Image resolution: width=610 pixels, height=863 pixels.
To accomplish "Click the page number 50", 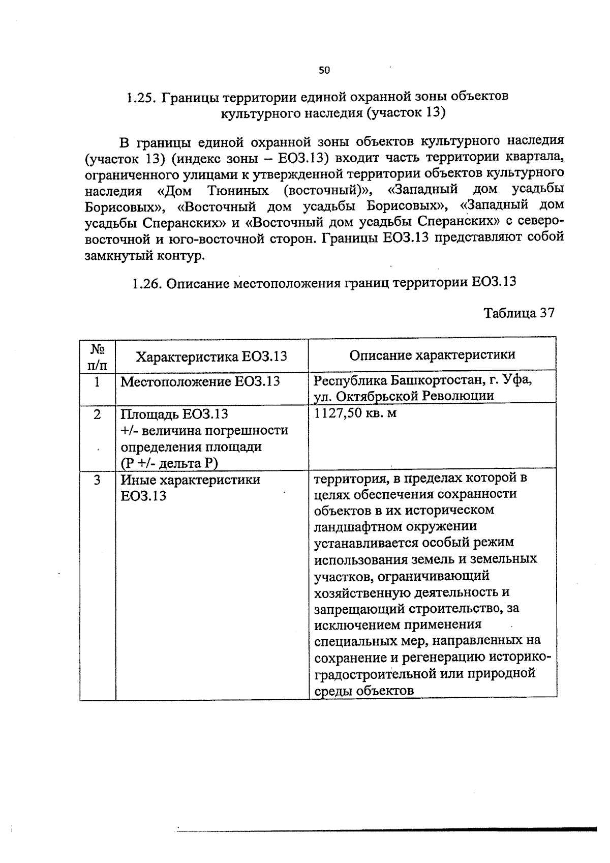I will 324,71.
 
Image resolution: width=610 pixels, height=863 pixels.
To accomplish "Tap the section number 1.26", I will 147,282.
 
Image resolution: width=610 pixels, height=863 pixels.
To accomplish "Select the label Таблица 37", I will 518,312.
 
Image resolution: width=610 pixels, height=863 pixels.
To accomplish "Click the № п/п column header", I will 97,355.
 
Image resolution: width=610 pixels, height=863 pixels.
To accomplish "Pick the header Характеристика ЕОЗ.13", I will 211,356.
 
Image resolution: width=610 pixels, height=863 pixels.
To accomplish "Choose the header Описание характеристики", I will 432,354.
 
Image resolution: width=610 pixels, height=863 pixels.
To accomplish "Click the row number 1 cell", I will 97,381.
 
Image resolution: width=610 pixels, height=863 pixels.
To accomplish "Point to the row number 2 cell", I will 97,414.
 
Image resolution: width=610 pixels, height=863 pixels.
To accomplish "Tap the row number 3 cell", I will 97,480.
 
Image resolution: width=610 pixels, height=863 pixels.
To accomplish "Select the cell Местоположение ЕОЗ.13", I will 200,381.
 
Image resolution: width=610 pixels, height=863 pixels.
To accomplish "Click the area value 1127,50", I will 338,413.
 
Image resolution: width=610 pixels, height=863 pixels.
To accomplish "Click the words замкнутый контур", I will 144,255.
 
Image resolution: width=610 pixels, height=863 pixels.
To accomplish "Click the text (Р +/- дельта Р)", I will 169,463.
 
